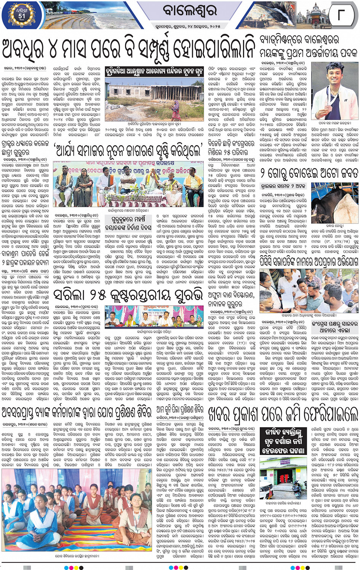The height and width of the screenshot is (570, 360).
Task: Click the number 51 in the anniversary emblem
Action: point(22,16)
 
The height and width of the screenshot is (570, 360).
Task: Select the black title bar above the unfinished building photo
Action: point(154,71)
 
